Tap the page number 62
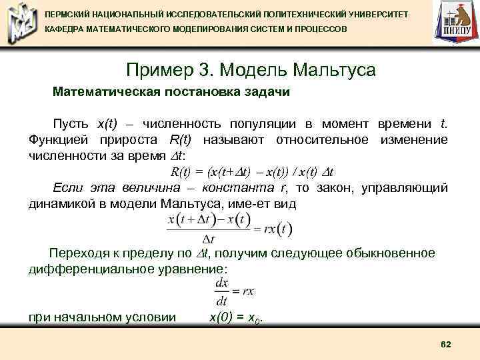click(446, 343)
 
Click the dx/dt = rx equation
click(234, 291)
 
